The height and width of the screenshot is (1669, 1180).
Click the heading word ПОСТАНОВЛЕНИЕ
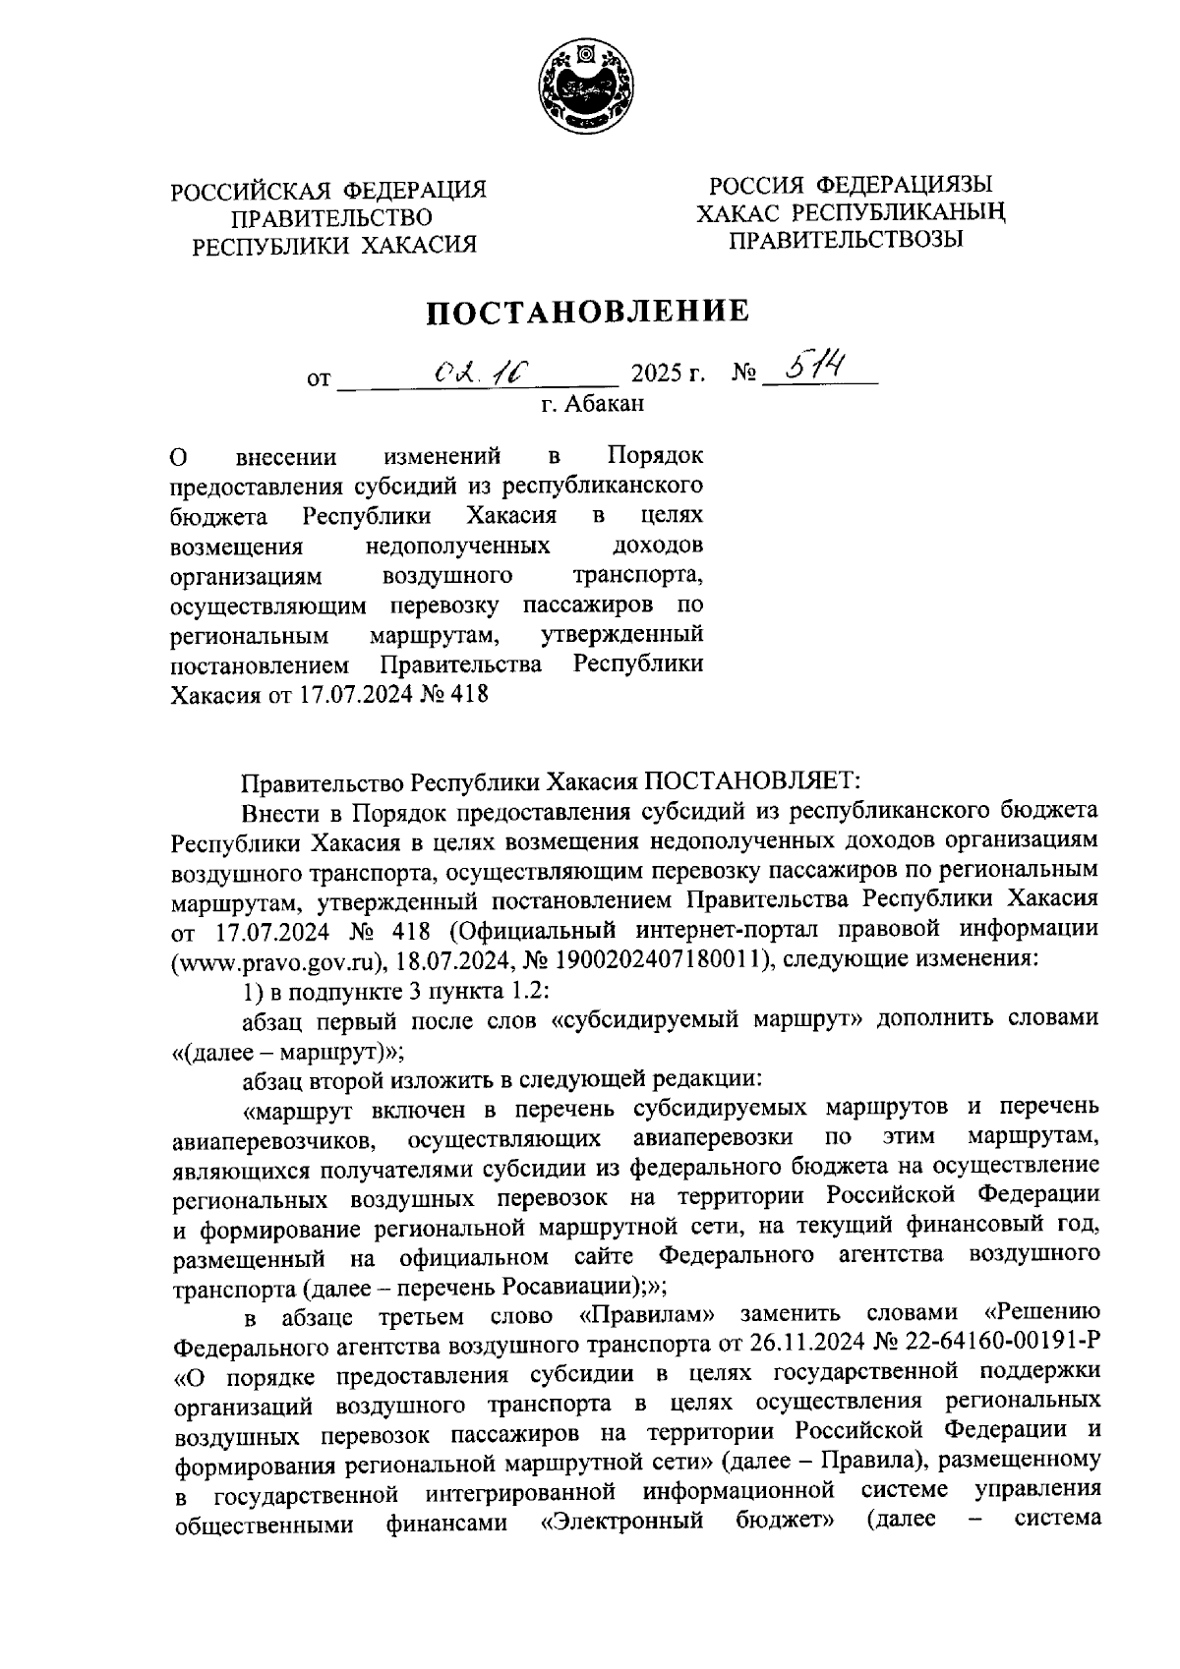587,312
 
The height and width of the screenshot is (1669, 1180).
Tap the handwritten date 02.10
483,371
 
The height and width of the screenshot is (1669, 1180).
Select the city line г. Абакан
593,402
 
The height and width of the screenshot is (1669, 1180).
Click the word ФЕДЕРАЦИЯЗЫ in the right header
900,185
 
